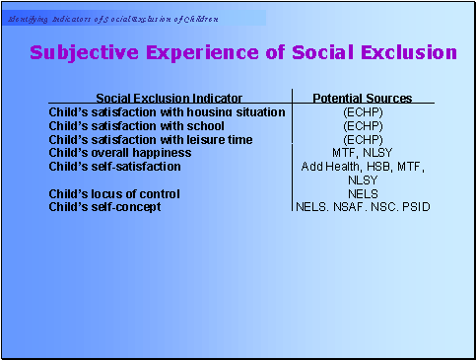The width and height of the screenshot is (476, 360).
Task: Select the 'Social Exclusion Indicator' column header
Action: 169,98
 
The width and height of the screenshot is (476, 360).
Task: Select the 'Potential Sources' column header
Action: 362,98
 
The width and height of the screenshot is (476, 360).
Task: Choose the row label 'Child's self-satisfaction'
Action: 114,167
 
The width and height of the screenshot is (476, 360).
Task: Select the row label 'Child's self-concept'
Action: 103,207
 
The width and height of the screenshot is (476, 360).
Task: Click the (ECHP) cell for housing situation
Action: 362,112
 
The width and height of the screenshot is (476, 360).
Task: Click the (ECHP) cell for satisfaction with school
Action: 362,126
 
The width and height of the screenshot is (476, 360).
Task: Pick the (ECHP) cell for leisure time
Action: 362,140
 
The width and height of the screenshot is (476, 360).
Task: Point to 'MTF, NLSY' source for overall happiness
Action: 362,153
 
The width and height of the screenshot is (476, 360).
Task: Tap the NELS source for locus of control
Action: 362,194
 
